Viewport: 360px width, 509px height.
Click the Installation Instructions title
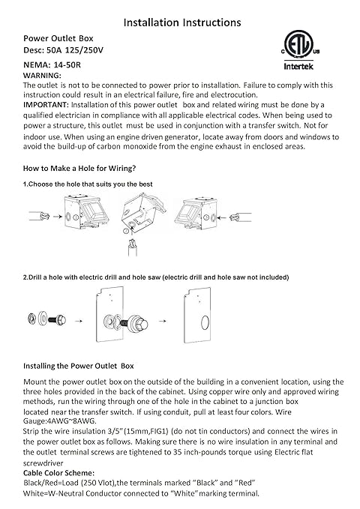click(x=182, y=22)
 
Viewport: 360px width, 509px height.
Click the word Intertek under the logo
click(x=298, y=67)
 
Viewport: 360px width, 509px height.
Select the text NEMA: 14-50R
click(x=52, y=65)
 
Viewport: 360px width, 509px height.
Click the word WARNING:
click(x=42, y=76)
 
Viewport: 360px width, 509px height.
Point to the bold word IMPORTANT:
click(x=46, y=105)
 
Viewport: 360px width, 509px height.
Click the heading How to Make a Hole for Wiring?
click(x=79, y=169)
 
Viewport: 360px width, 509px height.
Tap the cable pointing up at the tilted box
click(x=133, y=247)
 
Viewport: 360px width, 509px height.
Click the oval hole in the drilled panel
click(x=205, y=323)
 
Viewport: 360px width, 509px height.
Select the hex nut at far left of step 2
click(x=31, y=319)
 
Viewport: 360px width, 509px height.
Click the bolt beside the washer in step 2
click(x=58, y=320)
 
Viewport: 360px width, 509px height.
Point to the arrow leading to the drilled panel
click(x=163, y=321)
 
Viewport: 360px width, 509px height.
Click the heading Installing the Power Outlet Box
click(x=78, y=366)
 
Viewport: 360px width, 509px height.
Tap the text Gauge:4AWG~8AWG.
click(x=59, y=421)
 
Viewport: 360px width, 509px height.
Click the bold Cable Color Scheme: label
click(x=58, y=472)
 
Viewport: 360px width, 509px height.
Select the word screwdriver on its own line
click(x=43, y=463)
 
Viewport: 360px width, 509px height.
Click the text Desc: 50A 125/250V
click(x=63, y=50)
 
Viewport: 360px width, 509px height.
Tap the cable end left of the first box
click(x=39, y=216)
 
